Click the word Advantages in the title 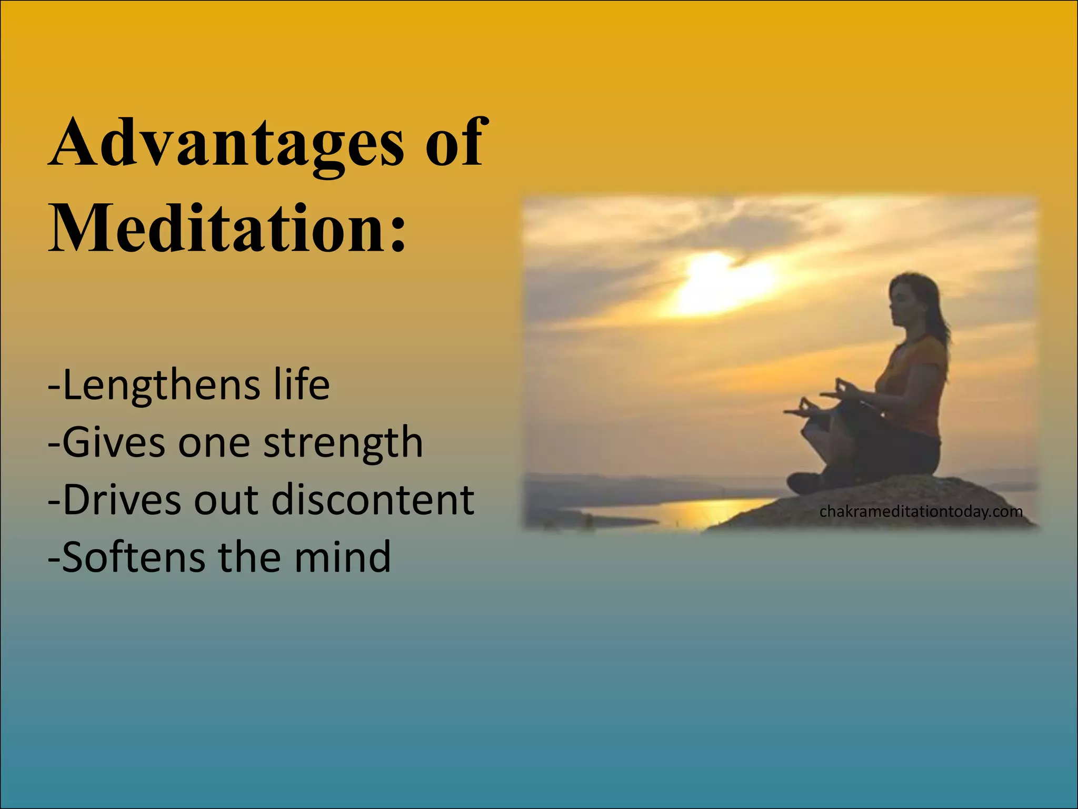pos(226,143)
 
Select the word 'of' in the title pos(454,143)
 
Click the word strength pos(343,443)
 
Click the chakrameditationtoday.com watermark pos(921,511)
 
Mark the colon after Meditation pos(398,232)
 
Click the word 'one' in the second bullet pos(214,443)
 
